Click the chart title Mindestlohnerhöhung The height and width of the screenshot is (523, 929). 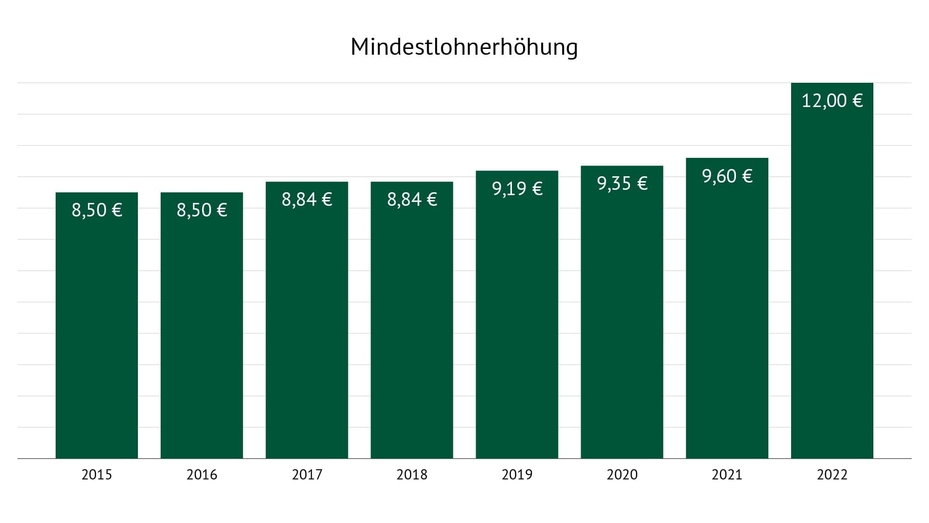464,47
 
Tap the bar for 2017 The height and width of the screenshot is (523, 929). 307,329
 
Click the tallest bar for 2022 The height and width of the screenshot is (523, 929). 832,291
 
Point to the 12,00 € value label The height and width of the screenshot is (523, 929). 832,101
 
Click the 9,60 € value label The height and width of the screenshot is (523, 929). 727,176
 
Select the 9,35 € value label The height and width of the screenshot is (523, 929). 622,184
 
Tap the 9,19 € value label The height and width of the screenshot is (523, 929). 517,188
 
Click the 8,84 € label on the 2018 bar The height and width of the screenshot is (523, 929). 412,200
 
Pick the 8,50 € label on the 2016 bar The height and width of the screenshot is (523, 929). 202,210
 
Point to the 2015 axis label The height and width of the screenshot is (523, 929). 97,475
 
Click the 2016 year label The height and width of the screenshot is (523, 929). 202,475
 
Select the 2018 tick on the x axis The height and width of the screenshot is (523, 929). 412,475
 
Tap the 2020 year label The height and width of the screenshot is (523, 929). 622,475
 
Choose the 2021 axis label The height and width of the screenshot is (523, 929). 727,475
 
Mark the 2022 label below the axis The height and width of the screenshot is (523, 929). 832,475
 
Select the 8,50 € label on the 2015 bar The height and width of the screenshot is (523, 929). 97,210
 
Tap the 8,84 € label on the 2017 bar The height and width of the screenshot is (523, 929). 307,200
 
